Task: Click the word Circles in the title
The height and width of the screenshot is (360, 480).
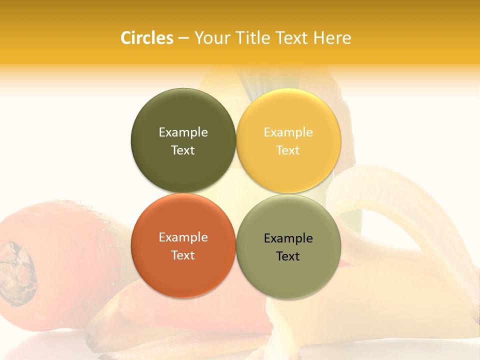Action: [x=146, y=38]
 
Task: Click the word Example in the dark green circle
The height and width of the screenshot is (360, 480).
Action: [x=183, y=132]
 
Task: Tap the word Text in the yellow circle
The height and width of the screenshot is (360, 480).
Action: [x=288, y=150]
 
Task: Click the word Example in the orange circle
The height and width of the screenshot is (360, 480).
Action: [x=183, y=237]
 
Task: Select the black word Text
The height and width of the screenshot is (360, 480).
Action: [x=288, y=256]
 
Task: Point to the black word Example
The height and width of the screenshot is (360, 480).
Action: [x=288, y=238]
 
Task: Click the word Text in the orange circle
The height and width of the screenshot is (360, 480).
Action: [x=183, y=255]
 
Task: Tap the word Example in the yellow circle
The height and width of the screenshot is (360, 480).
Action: [x=288, y=132]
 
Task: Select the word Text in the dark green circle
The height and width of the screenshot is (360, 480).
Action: [x=183, y=150]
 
